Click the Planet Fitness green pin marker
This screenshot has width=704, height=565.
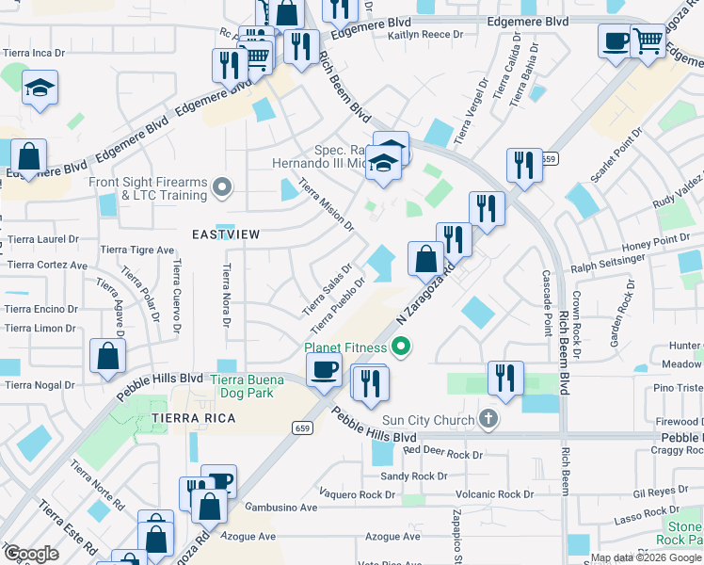point(402,348)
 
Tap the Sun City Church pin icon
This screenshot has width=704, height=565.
point(488,418)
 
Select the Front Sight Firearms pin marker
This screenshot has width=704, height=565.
point(222,188)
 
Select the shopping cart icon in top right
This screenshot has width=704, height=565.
point(648,41)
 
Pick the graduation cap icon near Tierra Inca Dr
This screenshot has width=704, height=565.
point(40,89)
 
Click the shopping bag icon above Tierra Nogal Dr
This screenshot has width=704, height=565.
point(108,357)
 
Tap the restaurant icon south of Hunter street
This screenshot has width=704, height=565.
point(505,379)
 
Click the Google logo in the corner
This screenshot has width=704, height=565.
point(31,554)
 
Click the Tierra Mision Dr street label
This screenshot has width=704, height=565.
point(327,207)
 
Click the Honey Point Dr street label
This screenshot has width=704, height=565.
point(655,240)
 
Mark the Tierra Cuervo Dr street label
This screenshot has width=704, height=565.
point(176,298)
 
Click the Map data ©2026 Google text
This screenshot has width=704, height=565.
point(646,557)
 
